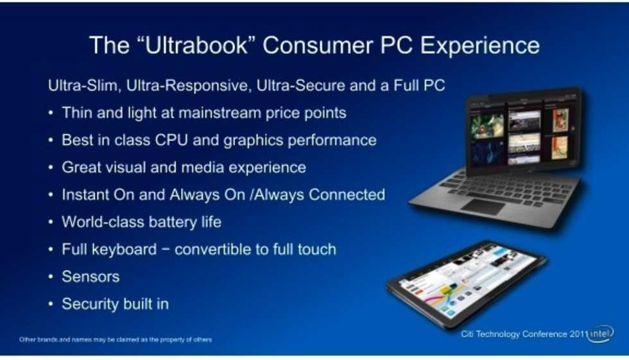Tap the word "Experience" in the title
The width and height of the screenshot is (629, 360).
pos(480,46)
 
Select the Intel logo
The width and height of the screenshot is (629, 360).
pos(601,334)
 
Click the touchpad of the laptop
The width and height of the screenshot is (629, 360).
pos(483,207)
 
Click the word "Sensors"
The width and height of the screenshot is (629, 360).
pos(90,277)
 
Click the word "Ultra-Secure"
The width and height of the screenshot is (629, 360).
pos(300,85)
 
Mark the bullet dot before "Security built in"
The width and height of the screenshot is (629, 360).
pos(51,304)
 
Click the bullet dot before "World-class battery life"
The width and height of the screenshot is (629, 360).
pos(51,222)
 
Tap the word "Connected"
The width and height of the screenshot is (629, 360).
pos(347,194)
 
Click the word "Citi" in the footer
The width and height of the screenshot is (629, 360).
pos(467,334)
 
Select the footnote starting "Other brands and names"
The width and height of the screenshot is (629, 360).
pos(116,339)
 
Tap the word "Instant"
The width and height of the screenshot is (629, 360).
pos(85,194)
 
